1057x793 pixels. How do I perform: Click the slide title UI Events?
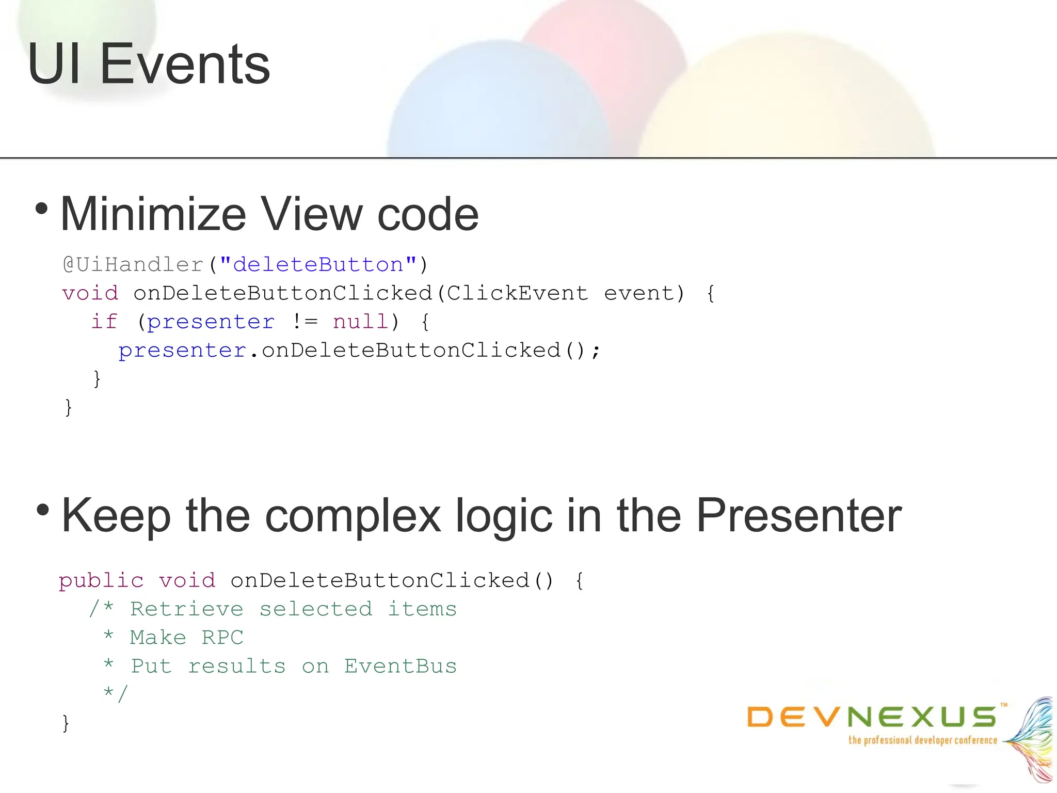click(x=149, y=65)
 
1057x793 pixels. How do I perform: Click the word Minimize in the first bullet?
click(x=153, y=214)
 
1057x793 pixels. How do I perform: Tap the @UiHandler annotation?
click(x=133, y=265)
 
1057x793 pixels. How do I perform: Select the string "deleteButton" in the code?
click(x=318, y=265)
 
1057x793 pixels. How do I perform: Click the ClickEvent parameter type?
click(x=517, y=293)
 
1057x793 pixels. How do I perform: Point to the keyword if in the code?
click(x=104, y=322)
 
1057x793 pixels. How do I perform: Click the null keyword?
click(x=360, y=322)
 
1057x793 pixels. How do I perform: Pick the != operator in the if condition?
click(x=305, y=322)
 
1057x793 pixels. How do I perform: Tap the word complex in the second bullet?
click(x=353, y=516)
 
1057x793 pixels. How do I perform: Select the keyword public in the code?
click(x=101, y=581)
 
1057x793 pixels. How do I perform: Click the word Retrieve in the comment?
click(x=186, y=609)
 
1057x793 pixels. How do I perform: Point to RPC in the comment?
click(x=222, y=638)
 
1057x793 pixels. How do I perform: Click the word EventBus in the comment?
click(x=401, y=667)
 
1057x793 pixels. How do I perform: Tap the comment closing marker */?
click(x=115, y=693)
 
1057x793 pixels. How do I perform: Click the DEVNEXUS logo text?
click(x=872, y=717)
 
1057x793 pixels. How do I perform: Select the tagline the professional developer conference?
click(x=923, y=740)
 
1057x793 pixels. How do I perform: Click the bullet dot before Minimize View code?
click(x=42, y=209)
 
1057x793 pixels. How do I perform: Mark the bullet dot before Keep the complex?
click(x=43, y=510)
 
